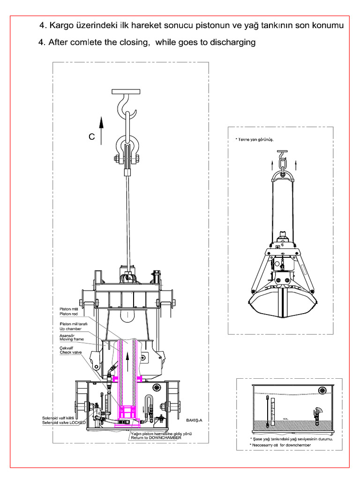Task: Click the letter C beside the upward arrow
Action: click(92, 137)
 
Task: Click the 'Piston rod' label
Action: click(68, 314)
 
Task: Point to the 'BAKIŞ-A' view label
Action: click(193, 420)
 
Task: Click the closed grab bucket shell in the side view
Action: click(281, 305)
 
